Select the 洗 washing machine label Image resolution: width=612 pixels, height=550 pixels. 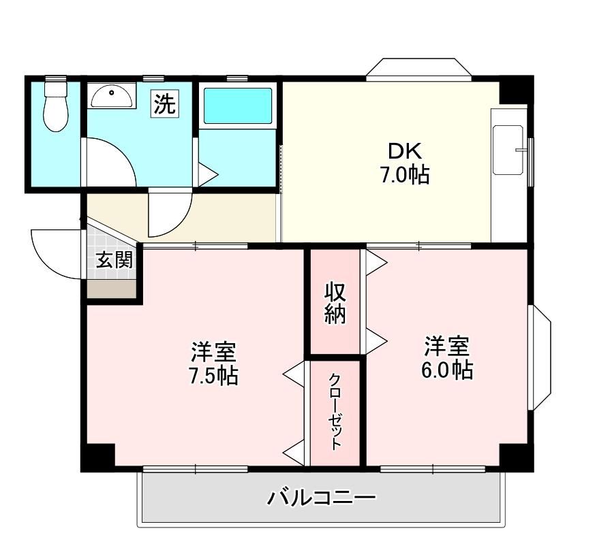point(165,103)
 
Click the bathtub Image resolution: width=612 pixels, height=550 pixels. point(238,106)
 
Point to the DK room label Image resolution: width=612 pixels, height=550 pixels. point(405,151)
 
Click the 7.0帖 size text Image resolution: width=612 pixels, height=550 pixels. point(405,175)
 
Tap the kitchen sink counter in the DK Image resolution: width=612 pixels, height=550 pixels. point(509,150)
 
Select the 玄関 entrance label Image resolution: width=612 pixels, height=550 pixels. point(114,259)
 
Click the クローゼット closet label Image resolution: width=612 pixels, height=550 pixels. point(335,412)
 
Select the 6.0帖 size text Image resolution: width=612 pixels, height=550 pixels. point(447,370)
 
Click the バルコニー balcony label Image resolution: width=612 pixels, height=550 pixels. point(321,498)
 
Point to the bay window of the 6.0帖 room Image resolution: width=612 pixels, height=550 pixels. point(540,357)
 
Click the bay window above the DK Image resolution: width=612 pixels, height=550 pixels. point(419,69)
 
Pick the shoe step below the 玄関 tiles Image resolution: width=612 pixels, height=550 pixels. point(111,289)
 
